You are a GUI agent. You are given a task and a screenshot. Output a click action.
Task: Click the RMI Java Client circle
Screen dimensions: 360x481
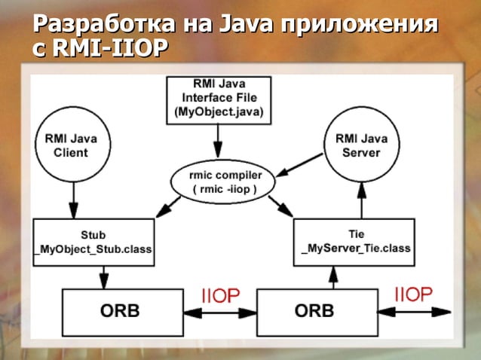pos(72,145)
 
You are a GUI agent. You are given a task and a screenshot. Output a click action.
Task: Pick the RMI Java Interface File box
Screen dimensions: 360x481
pos(219,99)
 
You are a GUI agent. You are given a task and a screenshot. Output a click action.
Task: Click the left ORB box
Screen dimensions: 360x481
pos(120,310)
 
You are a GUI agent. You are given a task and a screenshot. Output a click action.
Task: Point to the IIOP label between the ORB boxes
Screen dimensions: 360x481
pos(220,295)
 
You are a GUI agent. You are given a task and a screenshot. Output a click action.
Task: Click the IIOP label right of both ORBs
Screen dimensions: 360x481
pos(412,293)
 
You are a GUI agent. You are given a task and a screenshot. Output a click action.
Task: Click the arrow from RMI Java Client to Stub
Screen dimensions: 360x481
pos(73,200)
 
